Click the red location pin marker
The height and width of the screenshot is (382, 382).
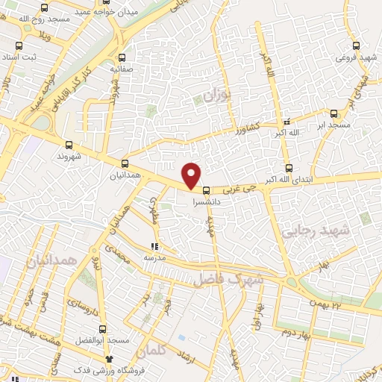coord(192,175)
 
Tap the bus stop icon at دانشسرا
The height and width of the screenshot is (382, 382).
coord(206,190)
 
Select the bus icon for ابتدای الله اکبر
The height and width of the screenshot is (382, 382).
coord(288,168)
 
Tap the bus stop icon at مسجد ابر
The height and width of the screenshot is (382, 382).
coord(333,114)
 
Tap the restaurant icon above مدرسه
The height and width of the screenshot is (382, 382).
coord(154,245)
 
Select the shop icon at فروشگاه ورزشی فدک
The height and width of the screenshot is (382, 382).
coord(109,359)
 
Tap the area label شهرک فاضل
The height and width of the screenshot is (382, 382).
coord(228,281)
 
